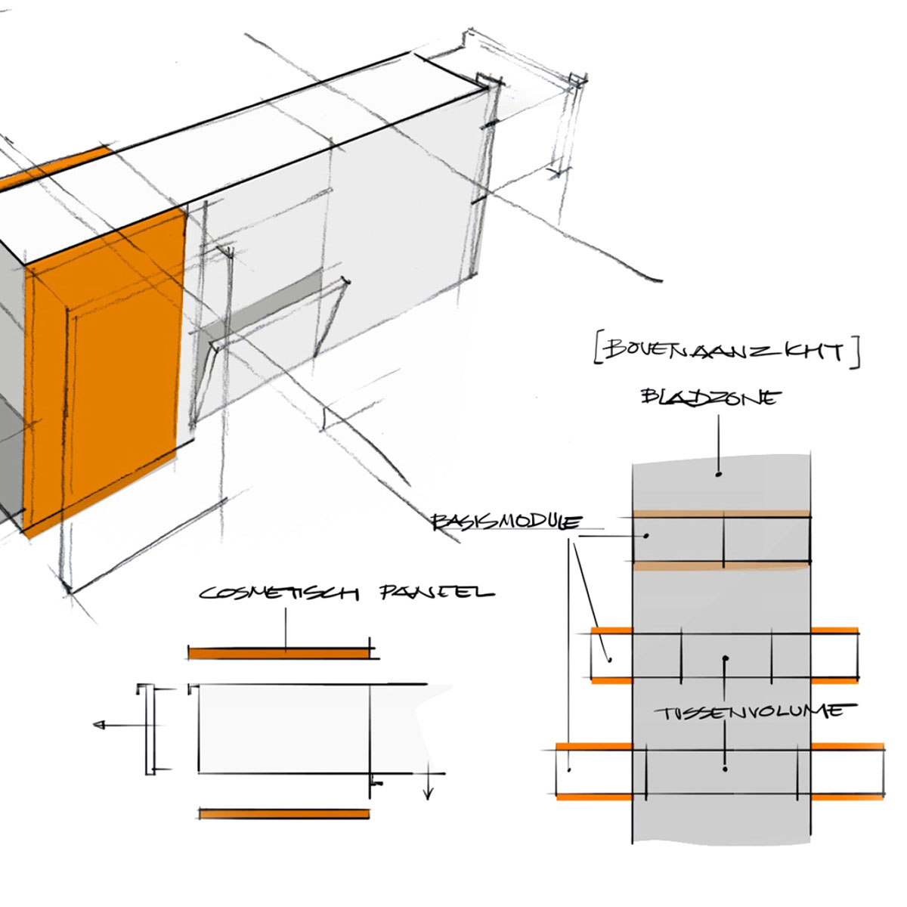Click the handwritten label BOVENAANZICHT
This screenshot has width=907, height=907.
(x=726, y=351)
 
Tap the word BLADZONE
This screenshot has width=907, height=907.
(x=709, y=397)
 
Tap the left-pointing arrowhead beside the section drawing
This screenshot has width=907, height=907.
(x=98, y=726)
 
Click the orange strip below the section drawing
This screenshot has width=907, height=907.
(x=284, y=814)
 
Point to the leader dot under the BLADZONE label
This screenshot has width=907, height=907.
(x=719, y=475)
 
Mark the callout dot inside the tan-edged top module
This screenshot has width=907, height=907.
(x=646, y=536)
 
